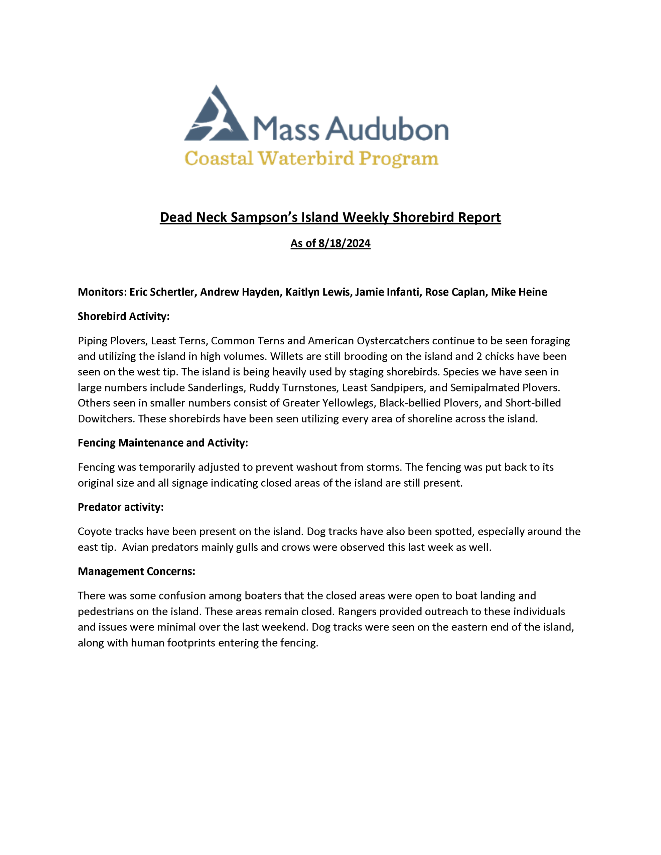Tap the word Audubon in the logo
click(x=386, y=129)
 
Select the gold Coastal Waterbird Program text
click(x=311, y=159)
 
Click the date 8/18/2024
click(x=344, y=243)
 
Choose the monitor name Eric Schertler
click(x=162, y=292)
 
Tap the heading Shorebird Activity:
click(x=123, y=316)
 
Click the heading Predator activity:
click(x=120, y=507)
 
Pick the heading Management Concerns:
click(x=136, y=571)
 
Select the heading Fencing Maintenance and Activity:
click(x=163, y=443)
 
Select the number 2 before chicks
click(x=479, y=356)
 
